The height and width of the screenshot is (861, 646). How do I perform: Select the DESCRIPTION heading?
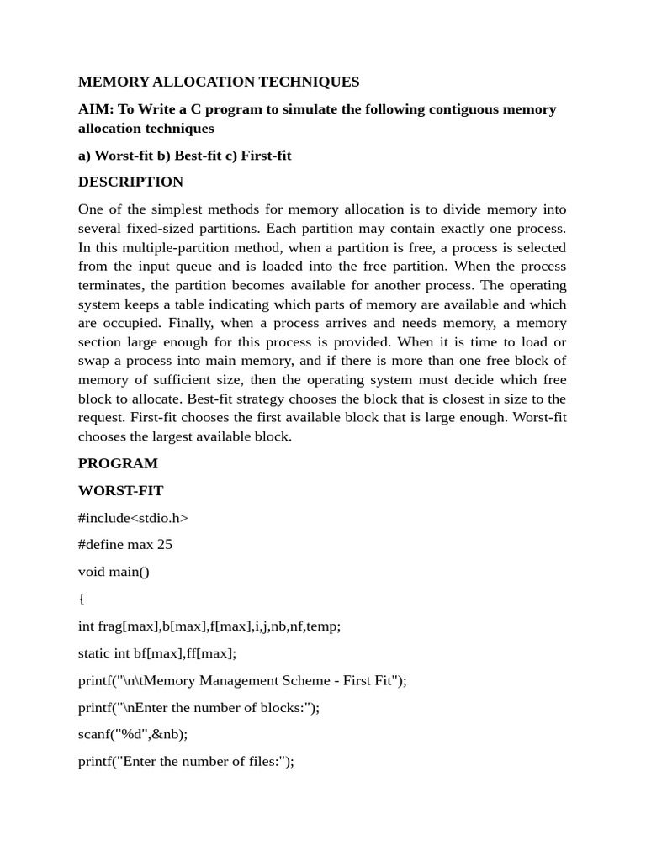click(130, 182)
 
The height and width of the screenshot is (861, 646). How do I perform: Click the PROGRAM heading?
click(118, 463)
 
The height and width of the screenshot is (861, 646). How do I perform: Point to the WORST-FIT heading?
click(121, 490)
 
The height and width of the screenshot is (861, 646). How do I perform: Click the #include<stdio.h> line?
click(133, 518)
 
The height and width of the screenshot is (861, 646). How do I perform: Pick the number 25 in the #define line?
click(164, 545)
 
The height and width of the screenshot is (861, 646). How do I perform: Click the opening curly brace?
click(82, 599)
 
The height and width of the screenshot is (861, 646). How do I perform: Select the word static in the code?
click(94, 653)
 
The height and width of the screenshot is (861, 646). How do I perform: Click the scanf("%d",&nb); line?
click(133, 734)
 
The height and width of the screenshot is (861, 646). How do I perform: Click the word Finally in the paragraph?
click(189, 323)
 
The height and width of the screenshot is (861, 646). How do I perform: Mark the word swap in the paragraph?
click(93, 361)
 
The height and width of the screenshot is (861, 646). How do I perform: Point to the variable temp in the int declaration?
click(322, 626)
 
